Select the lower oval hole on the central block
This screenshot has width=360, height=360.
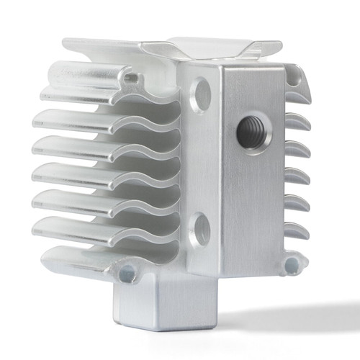click(201, 230)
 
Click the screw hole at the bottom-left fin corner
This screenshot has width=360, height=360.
click(127, 272)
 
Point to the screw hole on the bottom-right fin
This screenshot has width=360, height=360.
click(292, 265)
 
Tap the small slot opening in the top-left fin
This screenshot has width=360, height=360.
click(131, 75)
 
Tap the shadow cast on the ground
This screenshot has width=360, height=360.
click(288, 317)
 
